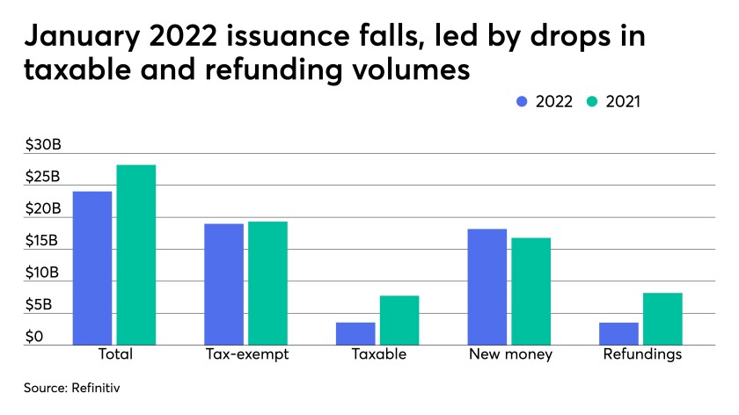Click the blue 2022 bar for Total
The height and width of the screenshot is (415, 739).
tap(92, 268)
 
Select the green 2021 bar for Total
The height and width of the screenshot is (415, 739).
tap(135, 255)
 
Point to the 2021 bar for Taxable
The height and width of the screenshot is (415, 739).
tap(399, 320)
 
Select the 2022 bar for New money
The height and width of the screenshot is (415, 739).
tap(487, 287)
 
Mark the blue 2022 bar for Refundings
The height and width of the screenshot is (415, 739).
tap(618, 333)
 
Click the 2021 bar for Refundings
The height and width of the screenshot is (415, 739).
tap(662, 318)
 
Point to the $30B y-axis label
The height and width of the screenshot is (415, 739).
tap(42, 145)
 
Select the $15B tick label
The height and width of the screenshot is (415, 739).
tap(42, 241)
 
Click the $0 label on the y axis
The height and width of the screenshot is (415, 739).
tap(33, 337)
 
